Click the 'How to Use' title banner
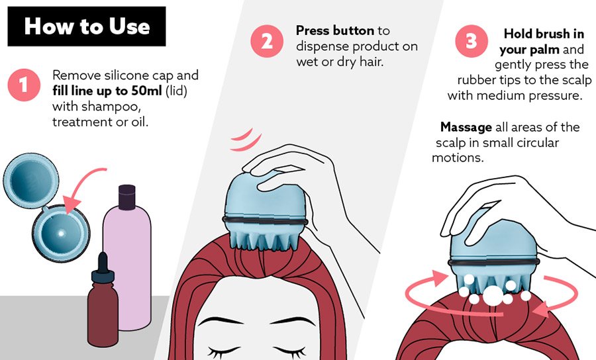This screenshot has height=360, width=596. point(87,26)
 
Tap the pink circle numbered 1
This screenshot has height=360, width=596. point(24,85)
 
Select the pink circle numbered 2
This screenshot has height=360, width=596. point(267,41)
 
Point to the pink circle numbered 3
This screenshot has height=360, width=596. point(472,41)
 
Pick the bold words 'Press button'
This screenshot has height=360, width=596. point(335,30)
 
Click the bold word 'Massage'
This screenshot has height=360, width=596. point(466,127)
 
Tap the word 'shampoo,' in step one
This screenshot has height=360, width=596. point(97,107)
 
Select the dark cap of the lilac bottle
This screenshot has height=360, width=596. point(127,197)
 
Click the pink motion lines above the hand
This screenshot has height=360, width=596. point(245,139)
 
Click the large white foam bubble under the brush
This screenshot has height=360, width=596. point(493,295)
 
